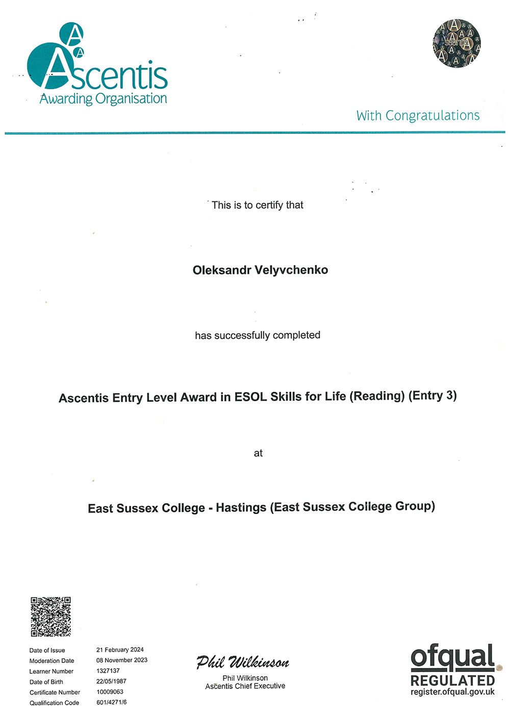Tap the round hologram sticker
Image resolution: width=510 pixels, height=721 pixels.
point(456,43)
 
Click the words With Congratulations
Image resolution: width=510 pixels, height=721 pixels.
point(418,116)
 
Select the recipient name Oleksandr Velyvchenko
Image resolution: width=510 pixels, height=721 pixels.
point(260,270)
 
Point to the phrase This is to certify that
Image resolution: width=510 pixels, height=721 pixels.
point(258,205)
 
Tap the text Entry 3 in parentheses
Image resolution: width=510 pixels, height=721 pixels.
point(432,395)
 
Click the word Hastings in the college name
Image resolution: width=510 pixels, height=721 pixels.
point(241,508)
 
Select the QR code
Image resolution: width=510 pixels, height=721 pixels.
point(50,616)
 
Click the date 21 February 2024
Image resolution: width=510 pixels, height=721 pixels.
point(120,650)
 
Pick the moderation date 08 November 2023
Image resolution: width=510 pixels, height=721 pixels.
point(122,660)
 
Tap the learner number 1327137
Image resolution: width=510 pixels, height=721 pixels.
point(108,671)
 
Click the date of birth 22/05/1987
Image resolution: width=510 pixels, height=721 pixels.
point(111,681)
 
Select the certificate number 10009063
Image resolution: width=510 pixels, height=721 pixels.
point(110,692)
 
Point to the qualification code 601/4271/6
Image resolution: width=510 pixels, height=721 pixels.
point(111,702)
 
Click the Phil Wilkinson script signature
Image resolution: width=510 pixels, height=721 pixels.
point(243,662)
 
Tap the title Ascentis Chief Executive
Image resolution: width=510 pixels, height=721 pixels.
point(245,686)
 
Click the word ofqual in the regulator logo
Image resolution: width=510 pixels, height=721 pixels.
point(452,658)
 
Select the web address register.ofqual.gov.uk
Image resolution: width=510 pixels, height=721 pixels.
point(452,692)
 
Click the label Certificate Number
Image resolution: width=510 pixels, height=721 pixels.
point(55,692)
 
